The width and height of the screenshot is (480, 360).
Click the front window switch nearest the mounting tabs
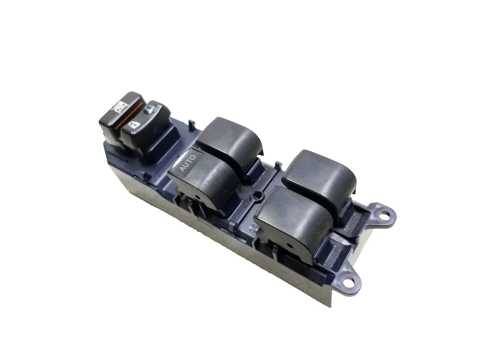293,221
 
